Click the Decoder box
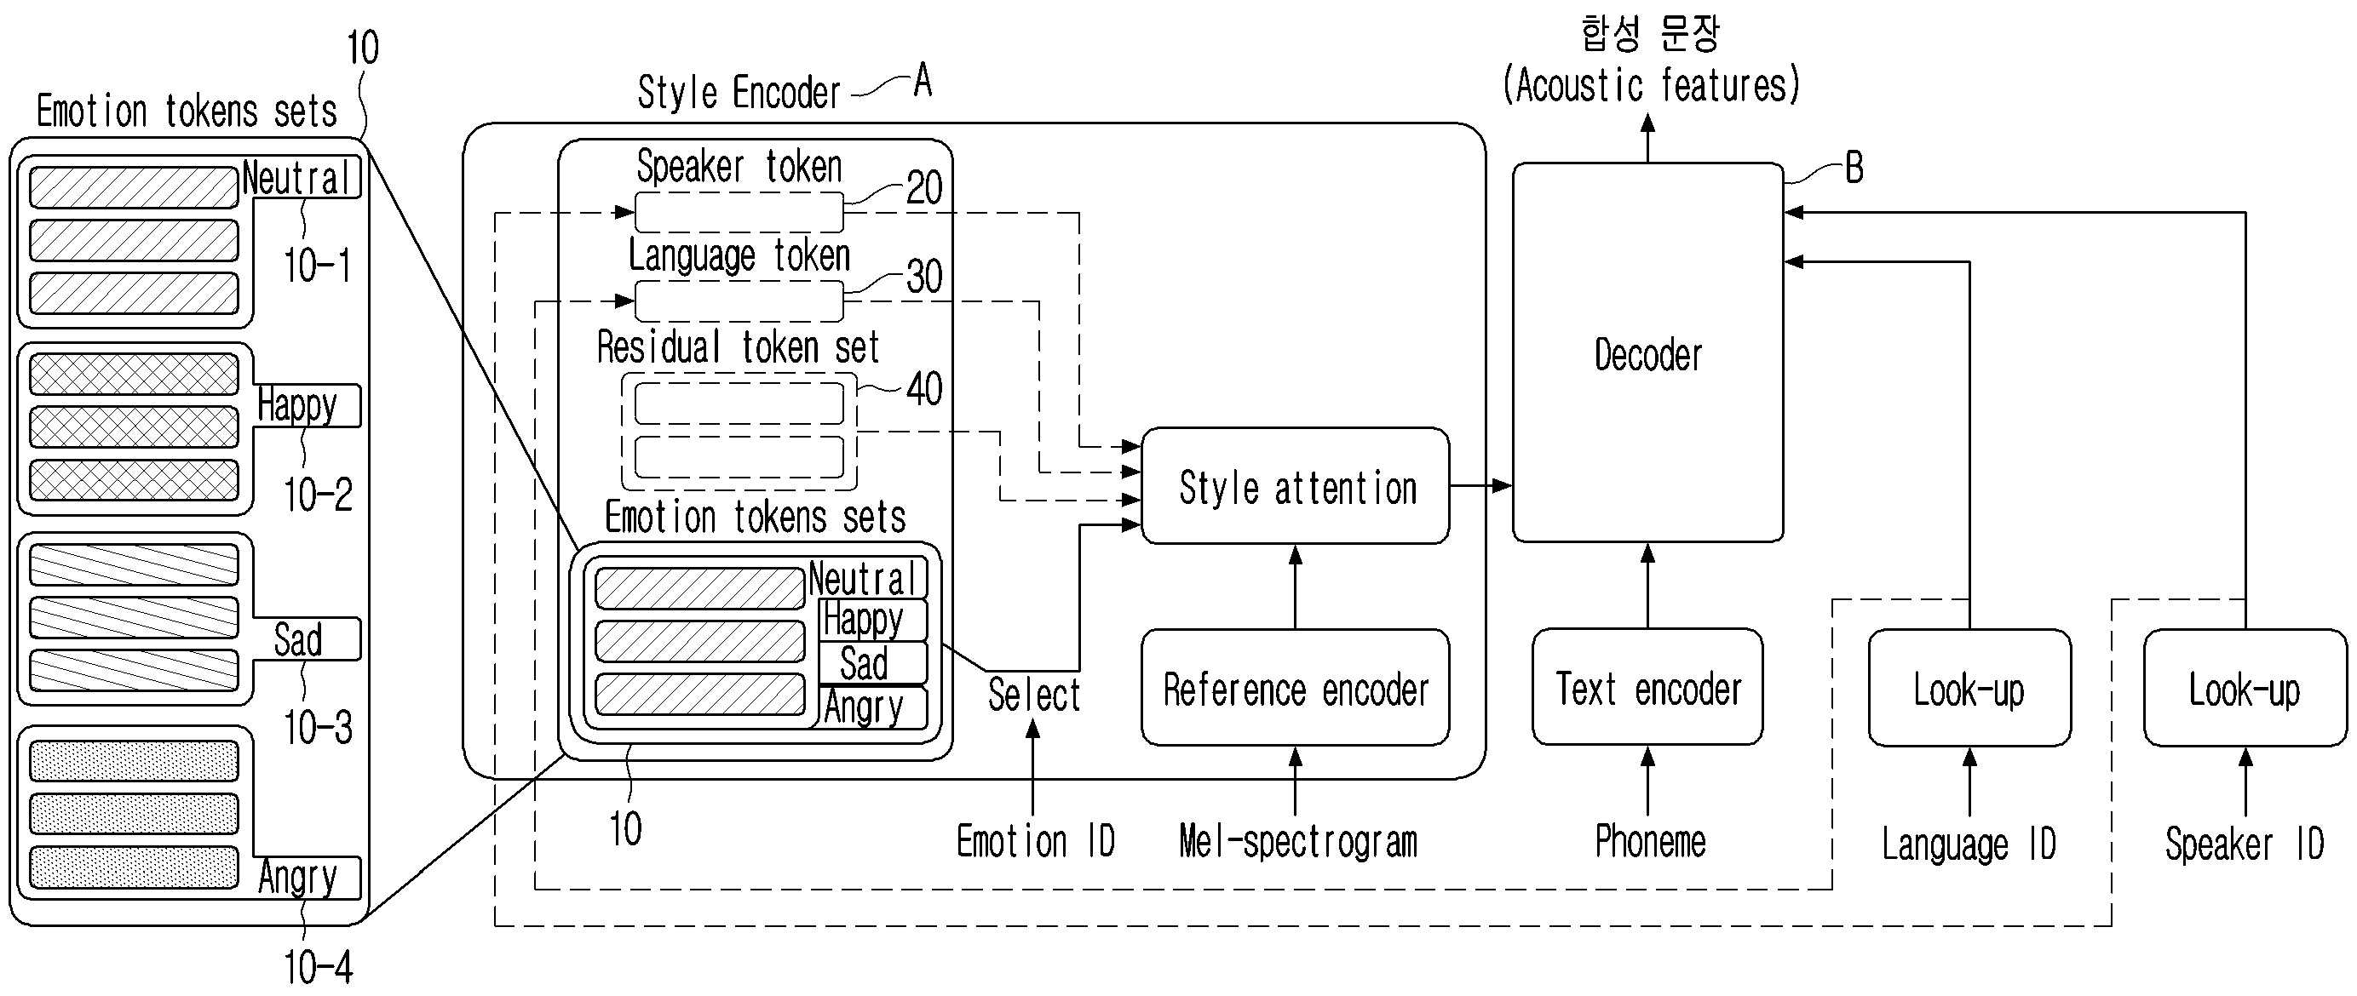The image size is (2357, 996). point(1647,353)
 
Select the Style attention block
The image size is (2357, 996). point(1296,487)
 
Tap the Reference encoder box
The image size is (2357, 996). point(1296,688)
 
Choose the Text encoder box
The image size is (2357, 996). point(1647,688)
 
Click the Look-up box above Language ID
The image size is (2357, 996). point(1969,688)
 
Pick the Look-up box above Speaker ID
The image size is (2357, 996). point(2245,688)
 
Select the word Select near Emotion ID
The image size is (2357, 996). point(1034,695)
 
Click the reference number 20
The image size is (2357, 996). point(924,187)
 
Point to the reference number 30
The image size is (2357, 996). point(924,276)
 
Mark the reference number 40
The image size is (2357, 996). point(924,389)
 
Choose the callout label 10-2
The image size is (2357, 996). point(318,495)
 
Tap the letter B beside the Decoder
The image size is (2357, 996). point(1854,169)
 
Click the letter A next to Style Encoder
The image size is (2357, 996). point(923,82)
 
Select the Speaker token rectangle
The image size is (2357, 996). point(739,213)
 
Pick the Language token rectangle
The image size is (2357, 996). point(739,301)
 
